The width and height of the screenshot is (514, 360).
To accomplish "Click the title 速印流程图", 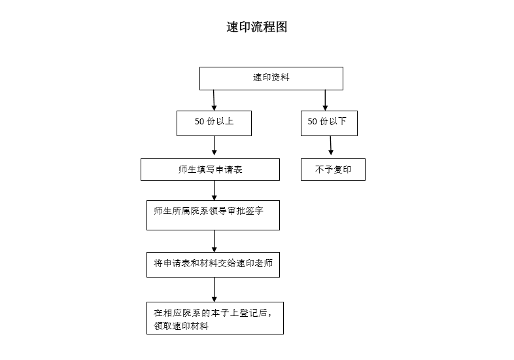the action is coord(256,27).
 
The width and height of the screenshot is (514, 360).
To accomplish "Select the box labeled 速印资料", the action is coord(271,79).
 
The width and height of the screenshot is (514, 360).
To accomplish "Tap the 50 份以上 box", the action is coord(214,123).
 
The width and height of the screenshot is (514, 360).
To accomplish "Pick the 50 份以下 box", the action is coord(329,123).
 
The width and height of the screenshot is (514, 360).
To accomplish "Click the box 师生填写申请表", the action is coord(210,170).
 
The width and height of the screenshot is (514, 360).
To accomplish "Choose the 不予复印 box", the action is coord(333,170).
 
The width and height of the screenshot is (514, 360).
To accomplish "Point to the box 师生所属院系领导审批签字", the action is coord(213,215).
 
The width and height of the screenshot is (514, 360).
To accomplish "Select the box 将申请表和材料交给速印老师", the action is coord(213,264).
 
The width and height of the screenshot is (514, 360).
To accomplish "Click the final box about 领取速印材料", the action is coord(215,318).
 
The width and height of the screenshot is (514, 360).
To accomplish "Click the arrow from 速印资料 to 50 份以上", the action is coord(214,100).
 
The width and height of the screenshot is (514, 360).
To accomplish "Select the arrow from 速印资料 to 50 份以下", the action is coord(325,100).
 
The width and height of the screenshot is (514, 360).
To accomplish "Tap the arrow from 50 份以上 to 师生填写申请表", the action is coord(214,146).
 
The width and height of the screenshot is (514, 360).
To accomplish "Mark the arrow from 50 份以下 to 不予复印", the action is coord(331,146).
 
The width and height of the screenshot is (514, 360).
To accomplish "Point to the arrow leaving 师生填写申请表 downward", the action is coord(214,190).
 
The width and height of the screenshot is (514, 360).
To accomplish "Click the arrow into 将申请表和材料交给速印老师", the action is coord(214,242).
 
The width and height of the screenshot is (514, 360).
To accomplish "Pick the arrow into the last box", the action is coord(214,290).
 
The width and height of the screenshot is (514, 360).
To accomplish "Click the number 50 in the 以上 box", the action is coord(199,122).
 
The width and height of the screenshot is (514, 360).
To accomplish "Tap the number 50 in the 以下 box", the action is coord(312,122).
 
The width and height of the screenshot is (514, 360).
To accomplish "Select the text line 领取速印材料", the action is coord(181,326).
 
